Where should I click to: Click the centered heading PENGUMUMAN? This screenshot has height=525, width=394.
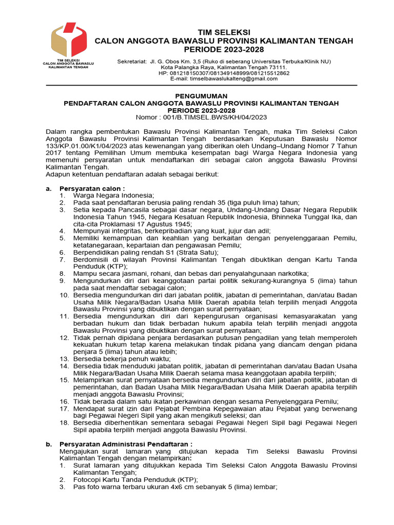[x=201, y=96]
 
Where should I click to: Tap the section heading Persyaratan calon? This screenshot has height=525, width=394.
[x=92, y=189]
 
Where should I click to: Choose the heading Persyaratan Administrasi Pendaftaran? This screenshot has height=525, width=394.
[x=126, y=443]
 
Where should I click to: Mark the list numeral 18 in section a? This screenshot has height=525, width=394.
[x=64, y=422]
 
